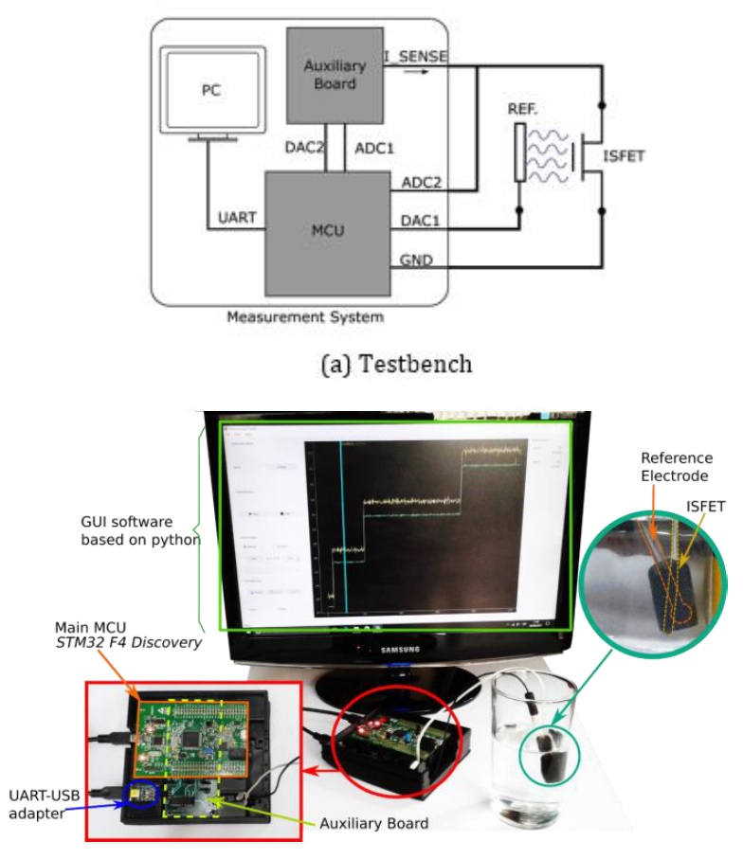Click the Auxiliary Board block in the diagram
[328, 73]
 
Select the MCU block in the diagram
[328, 229]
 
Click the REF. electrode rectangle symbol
[518, 150]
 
